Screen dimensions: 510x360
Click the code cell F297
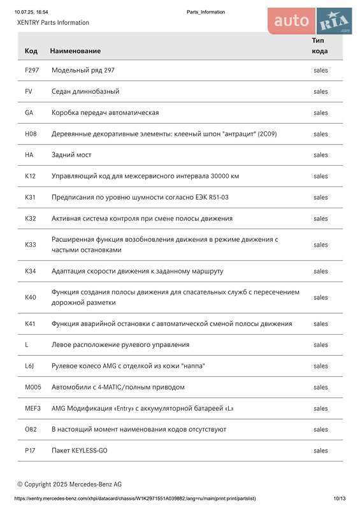[32, 70]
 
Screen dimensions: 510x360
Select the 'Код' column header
[31, 50]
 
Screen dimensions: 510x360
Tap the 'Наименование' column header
[75, 50]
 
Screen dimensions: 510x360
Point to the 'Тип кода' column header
[320, 45]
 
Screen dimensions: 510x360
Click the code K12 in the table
[31, 176]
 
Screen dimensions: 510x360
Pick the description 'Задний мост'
[71, 155]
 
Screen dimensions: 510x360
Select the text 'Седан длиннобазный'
[85, 91]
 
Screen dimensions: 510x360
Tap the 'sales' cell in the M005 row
[320, 387]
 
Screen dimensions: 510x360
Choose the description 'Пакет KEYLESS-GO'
[80, 451]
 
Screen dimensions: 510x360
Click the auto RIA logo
[310, 21]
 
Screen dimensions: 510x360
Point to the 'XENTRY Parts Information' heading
[54, 22]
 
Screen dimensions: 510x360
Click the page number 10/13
[339, 499]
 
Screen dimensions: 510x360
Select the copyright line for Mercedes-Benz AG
[69, 484]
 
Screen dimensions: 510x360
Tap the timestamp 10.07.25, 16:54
[31, 12]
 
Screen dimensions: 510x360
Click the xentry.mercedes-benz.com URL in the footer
[135, 499]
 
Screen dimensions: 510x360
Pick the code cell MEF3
[32, 408]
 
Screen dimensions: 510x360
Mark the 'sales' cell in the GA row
[320, 112]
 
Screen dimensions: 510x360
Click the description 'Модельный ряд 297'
[83, 70]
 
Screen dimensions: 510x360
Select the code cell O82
[31, 429]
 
